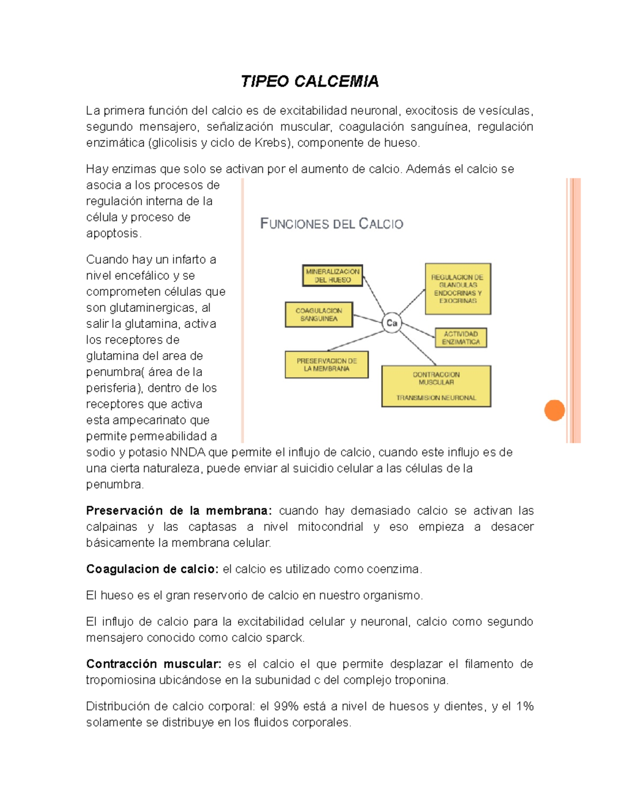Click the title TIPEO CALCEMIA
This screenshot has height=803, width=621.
tap(309, 81)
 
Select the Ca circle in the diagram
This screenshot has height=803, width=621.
tap(392, 323)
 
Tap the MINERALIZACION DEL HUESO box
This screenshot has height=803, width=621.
tap(332, 276)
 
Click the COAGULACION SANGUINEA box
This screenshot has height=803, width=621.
tap(319, 314)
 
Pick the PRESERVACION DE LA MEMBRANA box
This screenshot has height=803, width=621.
tap(327, 365)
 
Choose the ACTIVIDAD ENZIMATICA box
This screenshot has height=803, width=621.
tap(461, 338)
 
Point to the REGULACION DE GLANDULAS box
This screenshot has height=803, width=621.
tap(457, 289)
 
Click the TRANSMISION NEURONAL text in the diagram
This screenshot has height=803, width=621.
tap(436, 398)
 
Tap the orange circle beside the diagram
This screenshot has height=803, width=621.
tap(554, 411)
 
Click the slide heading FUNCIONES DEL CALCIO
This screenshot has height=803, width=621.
tap(331, 224)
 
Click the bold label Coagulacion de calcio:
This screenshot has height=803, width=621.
tap(153, 569)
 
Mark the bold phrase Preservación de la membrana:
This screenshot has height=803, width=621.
tap(179, 511)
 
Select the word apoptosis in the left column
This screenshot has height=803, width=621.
tap(112, 233)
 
